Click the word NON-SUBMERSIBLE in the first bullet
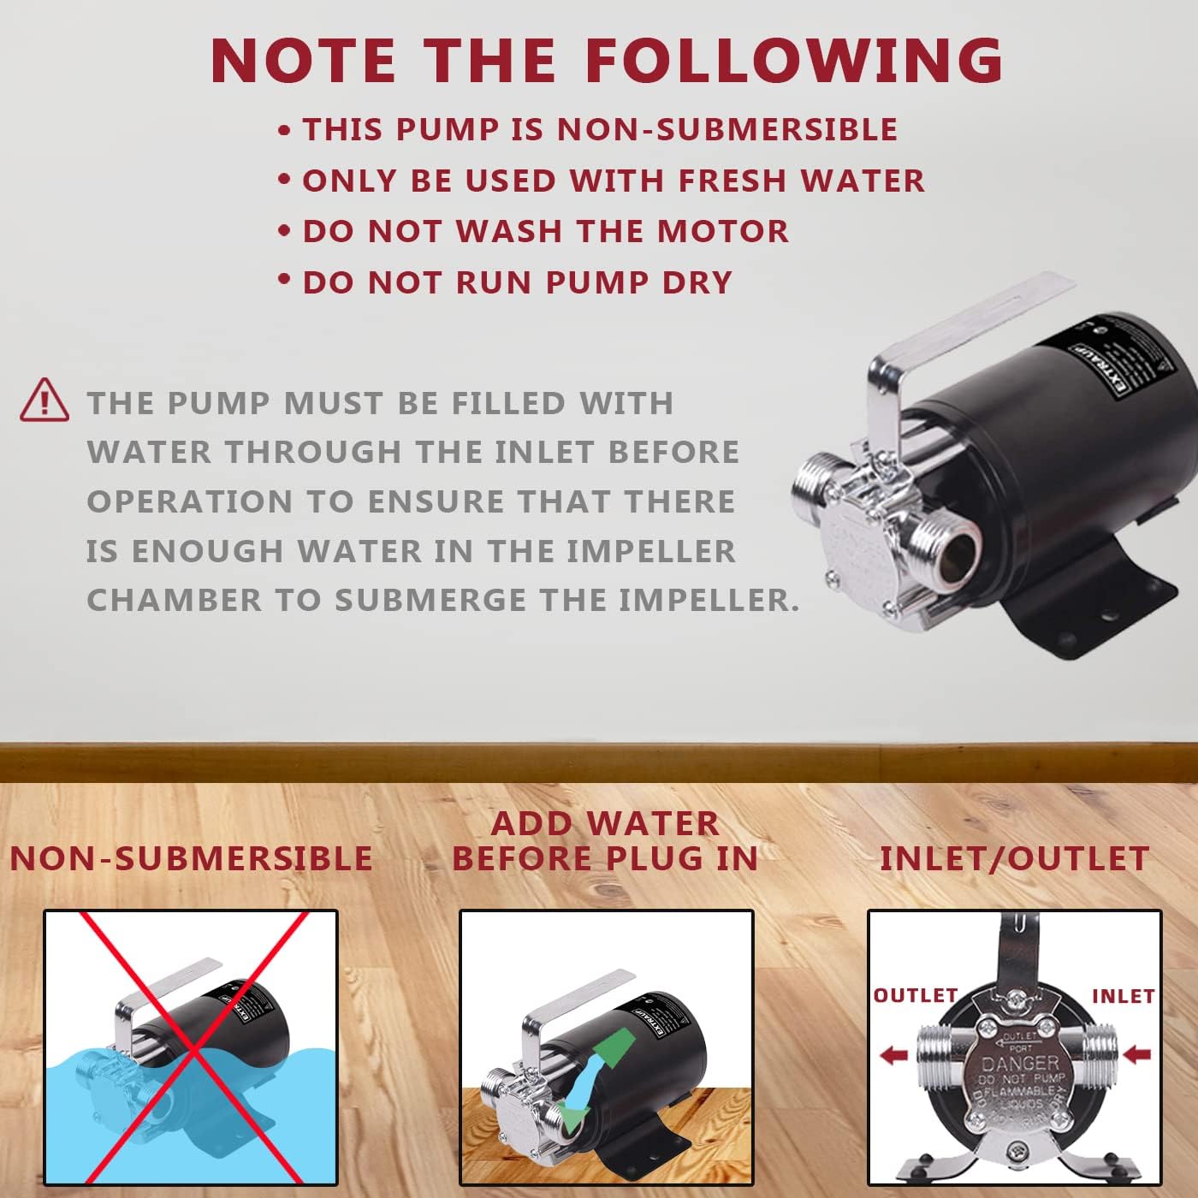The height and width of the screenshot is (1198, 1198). coord(727,129)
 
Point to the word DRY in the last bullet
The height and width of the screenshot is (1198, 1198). coord(697,282)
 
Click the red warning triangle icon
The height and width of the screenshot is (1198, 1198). coord(44,400)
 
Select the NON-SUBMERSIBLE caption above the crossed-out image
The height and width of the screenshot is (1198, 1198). coord(191,858)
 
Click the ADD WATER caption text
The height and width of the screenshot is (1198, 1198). coord(605,823)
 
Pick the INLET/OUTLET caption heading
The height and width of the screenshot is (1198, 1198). coord(1014,858)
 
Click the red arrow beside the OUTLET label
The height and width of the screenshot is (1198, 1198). coord(893,1055)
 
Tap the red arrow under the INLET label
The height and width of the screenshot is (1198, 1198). coord(1136,1053)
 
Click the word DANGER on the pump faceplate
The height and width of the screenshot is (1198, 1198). coord(1020,1064)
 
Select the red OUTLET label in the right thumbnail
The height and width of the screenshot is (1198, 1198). coord(915,995)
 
